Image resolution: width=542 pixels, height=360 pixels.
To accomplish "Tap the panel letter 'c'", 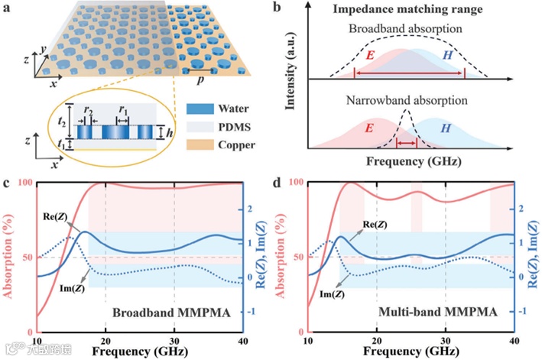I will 6,183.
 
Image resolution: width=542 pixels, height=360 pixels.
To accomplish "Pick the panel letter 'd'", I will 277,184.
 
